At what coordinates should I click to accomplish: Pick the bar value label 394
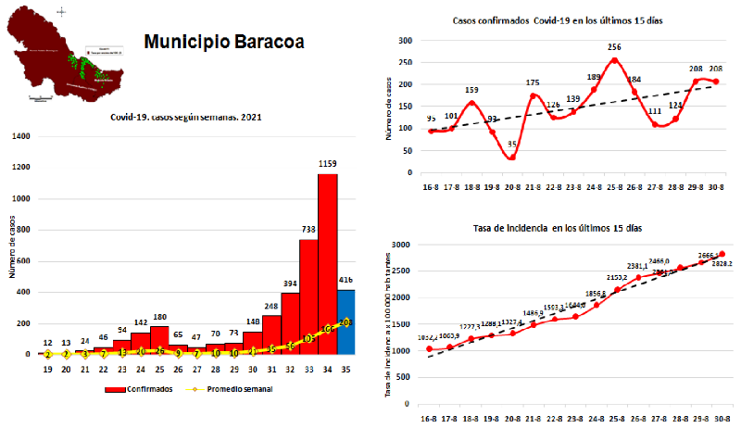point(289,283)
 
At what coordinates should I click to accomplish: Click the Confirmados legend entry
point(143,388)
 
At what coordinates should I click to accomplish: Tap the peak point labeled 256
point(614,61)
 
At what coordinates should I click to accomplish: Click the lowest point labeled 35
point(512,157)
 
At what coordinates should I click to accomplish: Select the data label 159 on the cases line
point(471,103)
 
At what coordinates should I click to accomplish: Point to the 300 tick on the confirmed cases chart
point(404,41)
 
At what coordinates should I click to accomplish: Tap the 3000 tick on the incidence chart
point(401,245)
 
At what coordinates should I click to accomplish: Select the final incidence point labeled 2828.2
point(722,254)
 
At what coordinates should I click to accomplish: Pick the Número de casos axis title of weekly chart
point(10,246)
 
